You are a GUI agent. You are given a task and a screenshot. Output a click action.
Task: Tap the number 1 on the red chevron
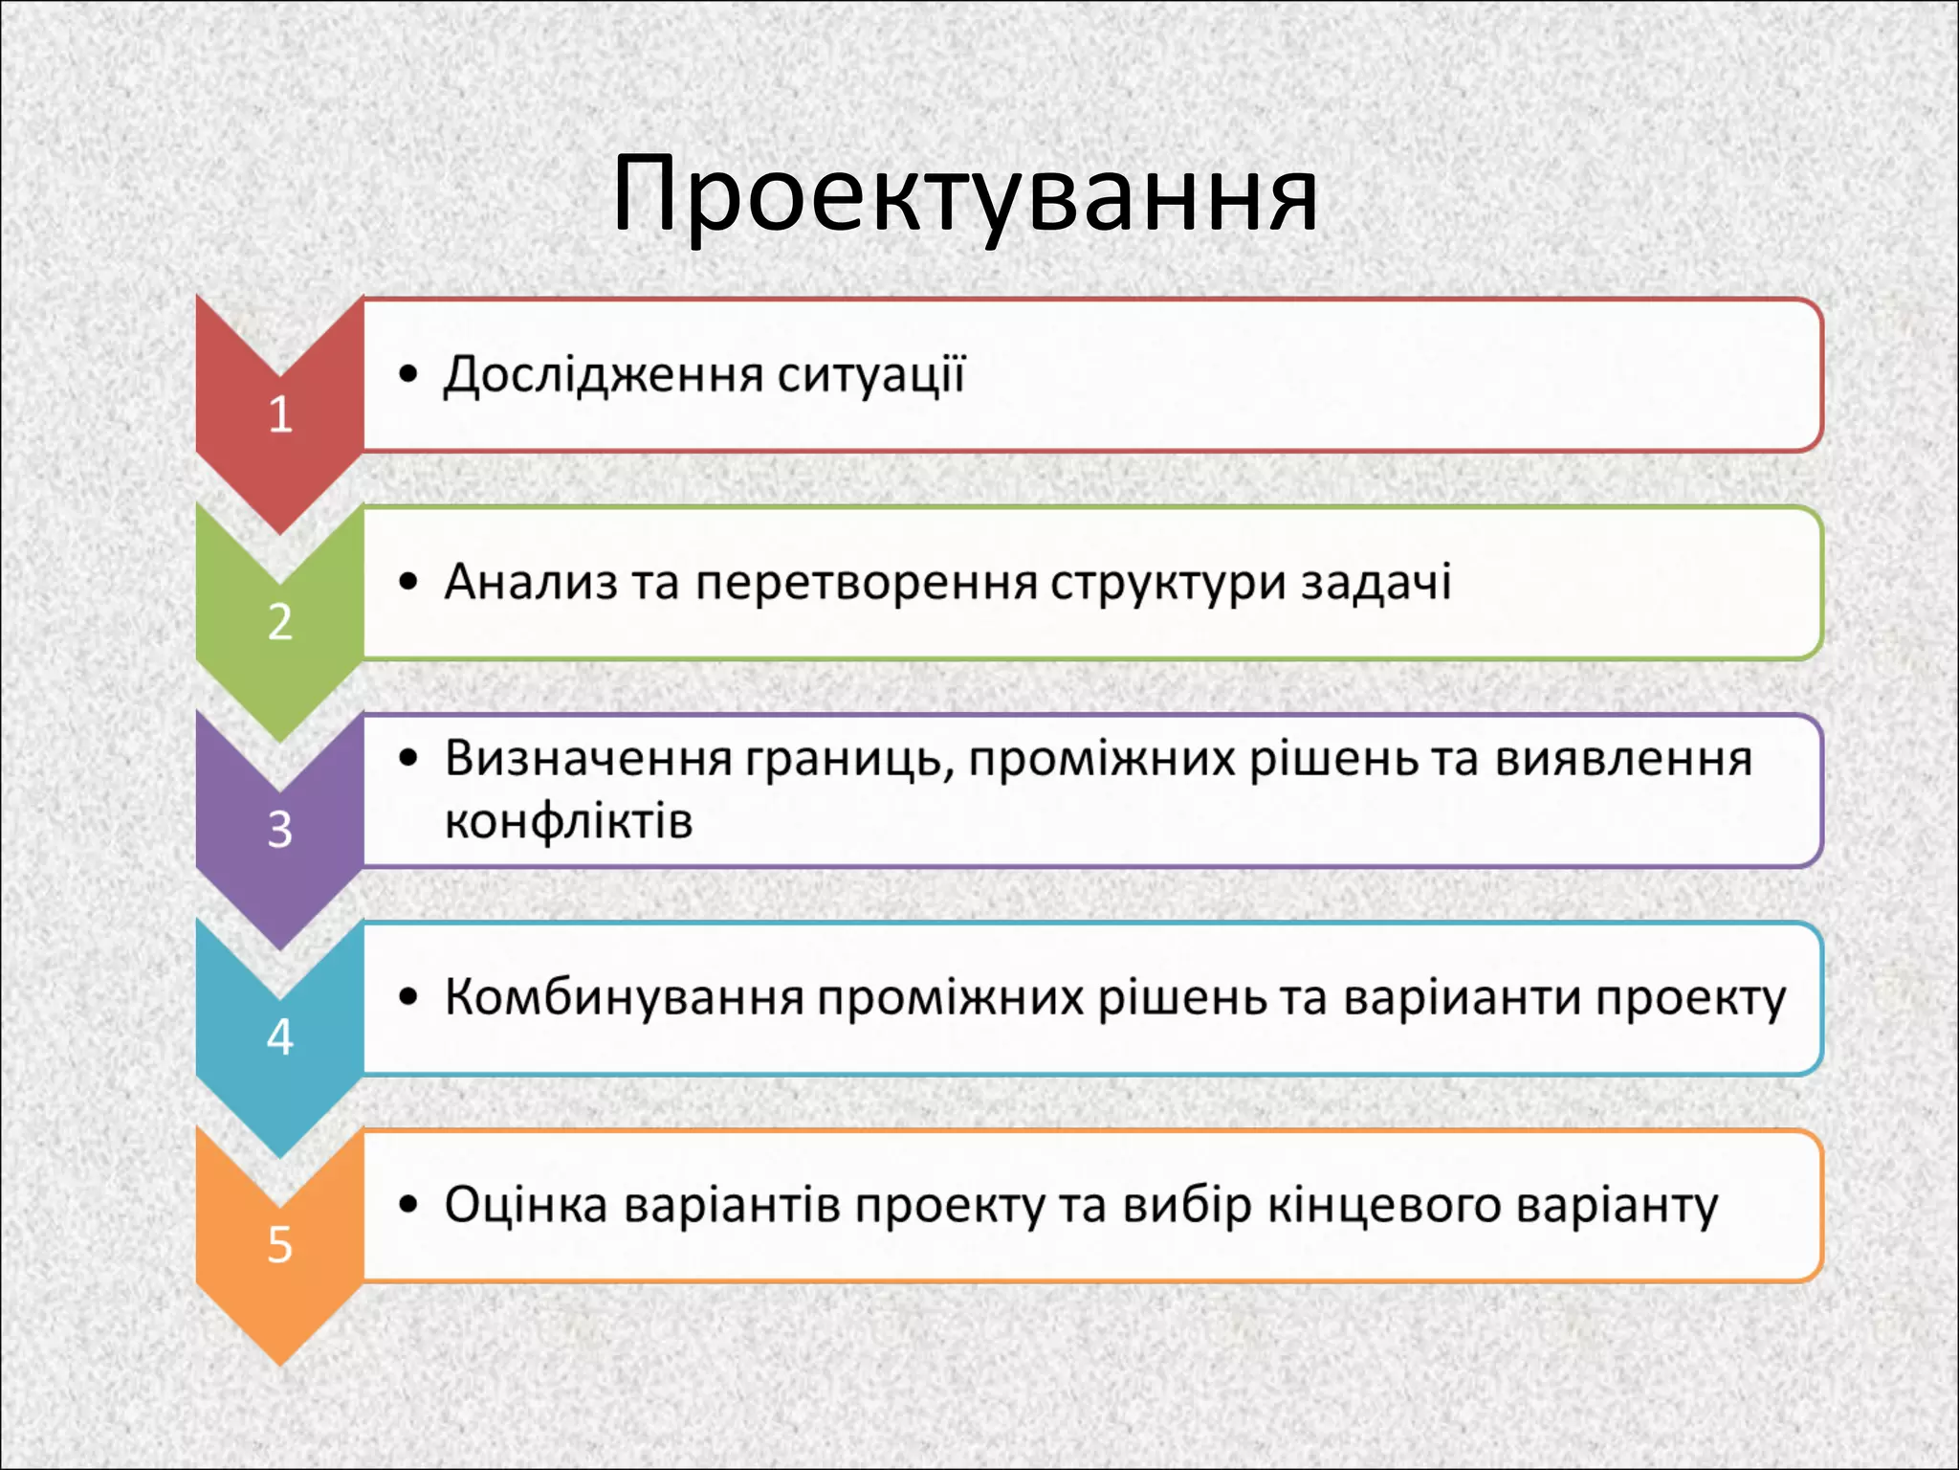point(279,414)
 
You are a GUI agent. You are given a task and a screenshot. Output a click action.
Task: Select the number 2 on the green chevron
point(279,622)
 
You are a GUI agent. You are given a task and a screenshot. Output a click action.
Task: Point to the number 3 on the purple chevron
point(279,830)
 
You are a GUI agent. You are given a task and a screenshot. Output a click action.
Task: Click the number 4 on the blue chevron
point(279,1036)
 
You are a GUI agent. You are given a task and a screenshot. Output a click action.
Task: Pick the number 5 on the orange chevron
point(279,1244)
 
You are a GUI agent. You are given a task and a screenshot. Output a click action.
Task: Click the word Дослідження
point(604,375)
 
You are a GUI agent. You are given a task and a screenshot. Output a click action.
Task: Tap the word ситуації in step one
point(870,375)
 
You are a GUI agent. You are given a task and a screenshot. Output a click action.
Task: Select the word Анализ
point(531,582)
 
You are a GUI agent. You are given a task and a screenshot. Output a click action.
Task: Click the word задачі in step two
point(1376,582)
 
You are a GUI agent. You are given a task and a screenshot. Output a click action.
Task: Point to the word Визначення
point(588,759)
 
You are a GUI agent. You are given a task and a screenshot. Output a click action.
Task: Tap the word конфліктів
point(568,822)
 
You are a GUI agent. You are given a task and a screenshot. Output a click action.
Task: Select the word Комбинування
point(624,998)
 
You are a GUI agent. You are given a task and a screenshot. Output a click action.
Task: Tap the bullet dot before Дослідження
point(409,374)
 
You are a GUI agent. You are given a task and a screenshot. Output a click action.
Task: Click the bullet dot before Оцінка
point(409,1205)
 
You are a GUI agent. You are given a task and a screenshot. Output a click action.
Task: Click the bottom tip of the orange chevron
point(279,1362)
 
